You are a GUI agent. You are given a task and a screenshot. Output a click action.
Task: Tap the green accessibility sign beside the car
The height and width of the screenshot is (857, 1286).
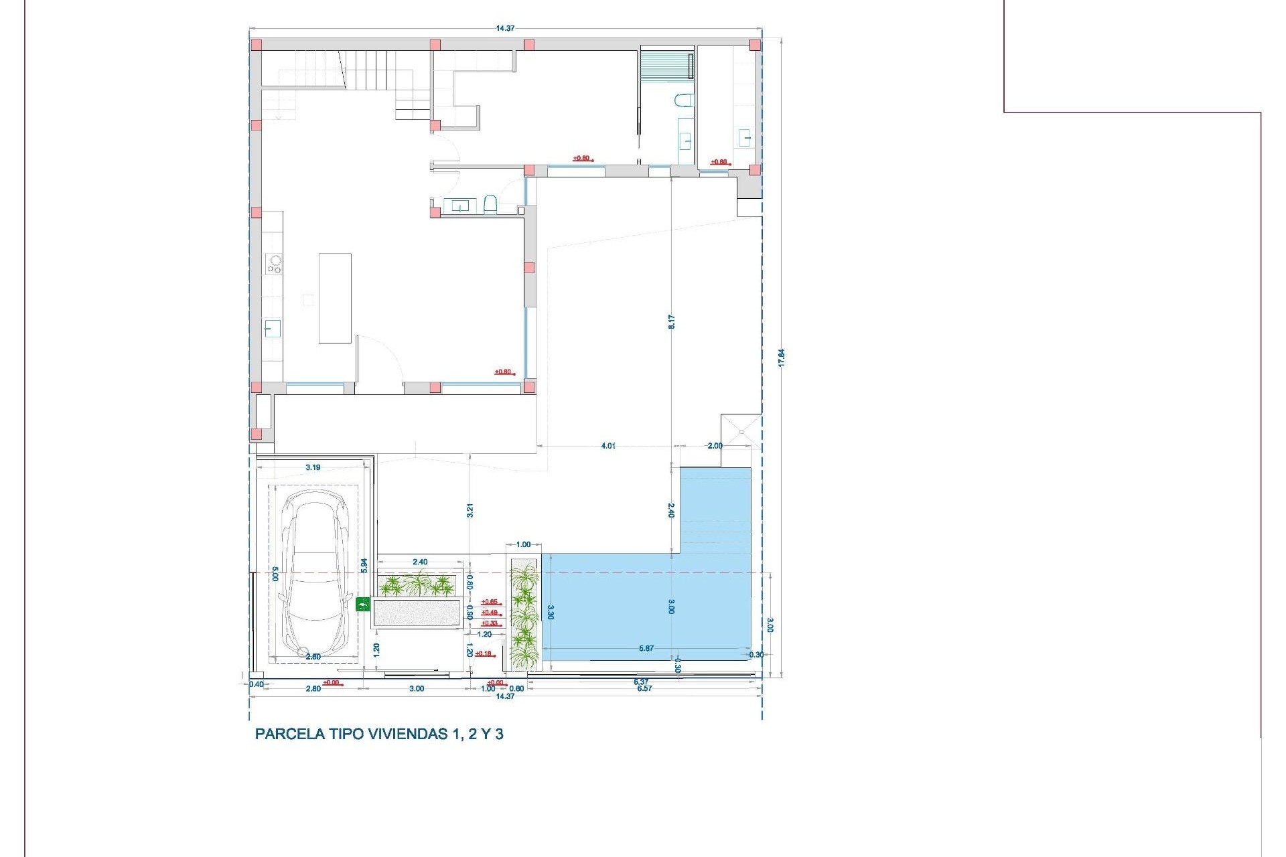[x=362, y=605]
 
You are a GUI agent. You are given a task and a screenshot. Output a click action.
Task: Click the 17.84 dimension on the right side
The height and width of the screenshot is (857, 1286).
[x=781, y=357]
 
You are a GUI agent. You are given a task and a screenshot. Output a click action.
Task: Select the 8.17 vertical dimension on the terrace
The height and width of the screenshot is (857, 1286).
[x=671, y=321]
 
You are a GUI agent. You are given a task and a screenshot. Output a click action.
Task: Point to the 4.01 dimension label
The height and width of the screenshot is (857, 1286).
[x=608, y=446]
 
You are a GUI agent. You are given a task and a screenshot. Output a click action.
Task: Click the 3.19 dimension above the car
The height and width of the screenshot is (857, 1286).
[x=313, y=467]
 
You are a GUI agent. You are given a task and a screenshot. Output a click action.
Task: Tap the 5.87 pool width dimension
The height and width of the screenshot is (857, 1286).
[x=646, y=648]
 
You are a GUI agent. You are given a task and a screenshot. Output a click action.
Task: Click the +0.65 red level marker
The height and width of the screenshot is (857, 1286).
[x=490, y=602]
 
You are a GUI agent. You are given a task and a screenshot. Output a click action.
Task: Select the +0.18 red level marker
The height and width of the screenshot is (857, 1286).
[x=484, y=653]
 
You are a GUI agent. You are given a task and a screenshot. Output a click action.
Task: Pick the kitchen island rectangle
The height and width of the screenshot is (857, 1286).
[x=335, y=298]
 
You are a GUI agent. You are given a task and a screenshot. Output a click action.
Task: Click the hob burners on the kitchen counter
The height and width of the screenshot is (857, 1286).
[x=273, y=264]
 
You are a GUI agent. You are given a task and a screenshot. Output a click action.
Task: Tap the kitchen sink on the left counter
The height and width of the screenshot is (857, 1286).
[x=272, y=329]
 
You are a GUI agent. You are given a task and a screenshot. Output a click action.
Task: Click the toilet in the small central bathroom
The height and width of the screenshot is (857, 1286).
[x=490, y=204]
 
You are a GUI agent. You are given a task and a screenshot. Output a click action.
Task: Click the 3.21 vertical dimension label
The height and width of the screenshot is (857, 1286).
[x=470, y=510]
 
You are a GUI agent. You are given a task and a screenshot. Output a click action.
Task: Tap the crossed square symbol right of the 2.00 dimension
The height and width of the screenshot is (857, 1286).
[x=741, y=432]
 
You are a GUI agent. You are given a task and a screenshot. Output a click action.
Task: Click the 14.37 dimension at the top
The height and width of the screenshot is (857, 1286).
[x=505, y=28]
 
